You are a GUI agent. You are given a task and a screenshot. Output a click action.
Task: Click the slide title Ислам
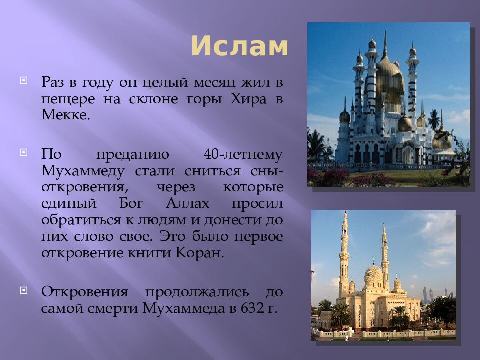pyautogui.click(x=239, y=47)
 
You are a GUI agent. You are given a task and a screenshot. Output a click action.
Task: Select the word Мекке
pyautogui.click(x=66, y=115)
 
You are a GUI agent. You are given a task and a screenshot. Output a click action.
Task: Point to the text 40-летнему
pyautogui.click(x=243, y=154)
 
